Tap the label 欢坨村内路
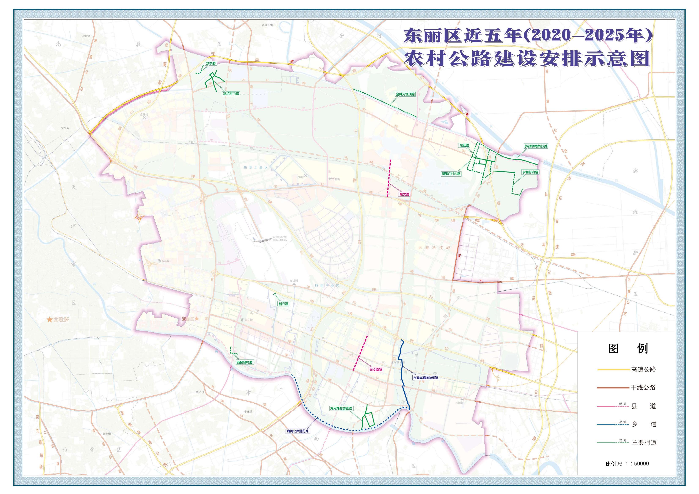(x=231, y=94)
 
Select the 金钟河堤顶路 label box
(x=405, y=94)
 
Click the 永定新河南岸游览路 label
(x=536, y=146)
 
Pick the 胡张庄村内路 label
(x=451, y=174)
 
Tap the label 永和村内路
(x=530, y=172)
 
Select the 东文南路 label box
(x=376, y=370)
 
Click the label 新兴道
(x=283, y=303)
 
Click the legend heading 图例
(x=628, y=349)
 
